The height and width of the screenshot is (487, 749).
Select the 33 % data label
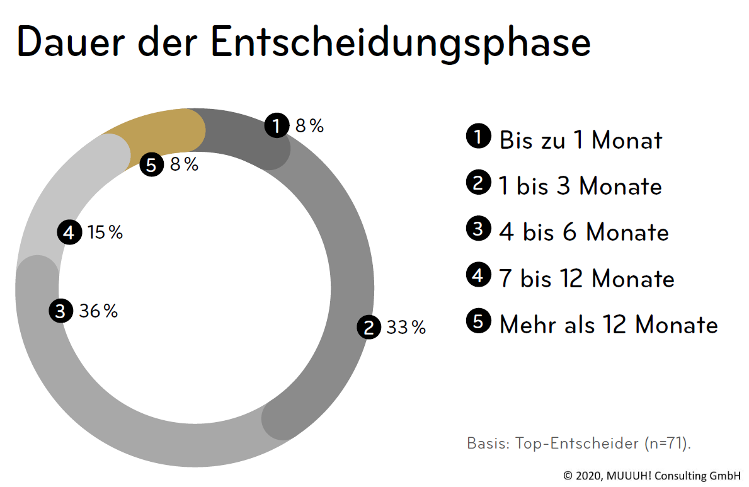406,328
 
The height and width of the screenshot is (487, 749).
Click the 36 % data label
98,311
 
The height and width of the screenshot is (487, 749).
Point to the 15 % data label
105,232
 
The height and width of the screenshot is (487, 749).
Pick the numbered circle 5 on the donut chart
151,165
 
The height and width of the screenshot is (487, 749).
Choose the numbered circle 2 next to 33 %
369,328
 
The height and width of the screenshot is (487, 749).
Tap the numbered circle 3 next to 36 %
60,311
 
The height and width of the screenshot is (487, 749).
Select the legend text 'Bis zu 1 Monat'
580,140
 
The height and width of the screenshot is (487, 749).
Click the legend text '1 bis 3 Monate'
580,186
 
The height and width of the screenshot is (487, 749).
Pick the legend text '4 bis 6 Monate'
583,232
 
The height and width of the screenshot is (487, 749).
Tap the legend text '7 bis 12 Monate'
586,278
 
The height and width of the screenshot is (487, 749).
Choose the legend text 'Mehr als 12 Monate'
608,324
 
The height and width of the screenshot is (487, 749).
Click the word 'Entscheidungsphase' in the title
401,43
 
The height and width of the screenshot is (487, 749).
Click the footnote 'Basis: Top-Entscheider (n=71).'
579,443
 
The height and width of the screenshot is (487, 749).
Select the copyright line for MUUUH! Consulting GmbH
652,476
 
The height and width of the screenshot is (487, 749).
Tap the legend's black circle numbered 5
478,321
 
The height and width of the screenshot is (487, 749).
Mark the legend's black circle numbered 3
478,229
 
